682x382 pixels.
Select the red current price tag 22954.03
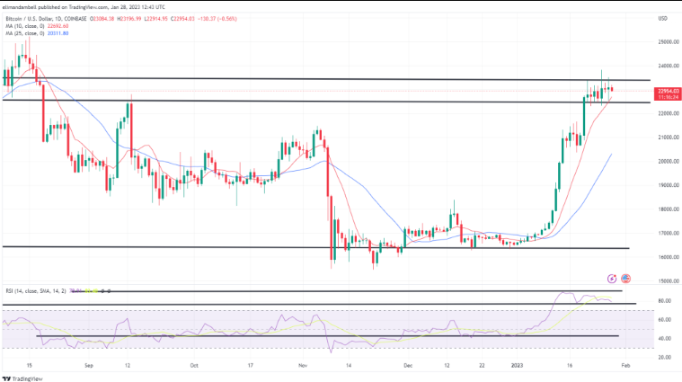coord(667,90)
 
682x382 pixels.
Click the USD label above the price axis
coord(663,18)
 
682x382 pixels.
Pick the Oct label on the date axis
coord(193,366)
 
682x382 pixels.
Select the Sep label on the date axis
coord(88,366)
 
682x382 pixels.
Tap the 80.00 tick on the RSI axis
coord(664,300)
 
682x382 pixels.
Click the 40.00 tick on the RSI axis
coord(664,338)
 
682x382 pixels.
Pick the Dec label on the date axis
coord(407,366)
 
